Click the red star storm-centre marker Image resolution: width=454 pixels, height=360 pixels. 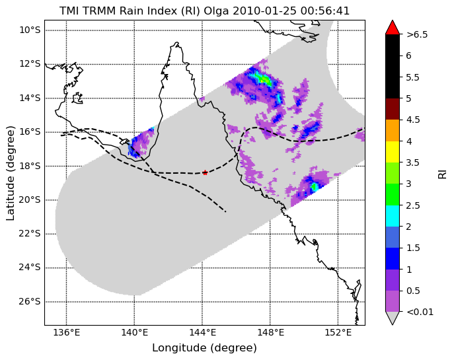205,173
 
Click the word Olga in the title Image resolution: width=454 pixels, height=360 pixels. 217,11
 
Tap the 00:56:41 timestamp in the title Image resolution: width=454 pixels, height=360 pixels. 325,11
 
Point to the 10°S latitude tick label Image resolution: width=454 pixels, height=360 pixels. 30,30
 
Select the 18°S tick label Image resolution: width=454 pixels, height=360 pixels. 30,166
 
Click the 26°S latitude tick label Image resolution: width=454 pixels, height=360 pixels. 30,302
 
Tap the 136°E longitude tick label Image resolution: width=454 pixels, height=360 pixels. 66,332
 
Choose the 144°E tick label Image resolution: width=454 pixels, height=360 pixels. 202,332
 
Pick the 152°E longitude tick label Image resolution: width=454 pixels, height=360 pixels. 338,332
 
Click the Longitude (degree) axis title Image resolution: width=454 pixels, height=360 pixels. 204,348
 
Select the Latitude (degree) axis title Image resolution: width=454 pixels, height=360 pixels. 10,173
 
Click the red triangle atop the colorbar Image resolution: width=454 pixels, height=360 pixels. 393,27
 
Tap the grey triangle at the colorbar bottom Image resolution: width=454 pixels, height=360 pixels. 393,318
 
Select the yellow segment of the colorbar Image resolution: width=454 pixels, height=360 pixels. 393,152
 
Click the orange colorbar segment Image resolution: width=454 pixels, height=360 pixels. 393,131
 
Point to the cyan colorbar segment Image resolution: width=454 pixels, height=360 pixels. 393,216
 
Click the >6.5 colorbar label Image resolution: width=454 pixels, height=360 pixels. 417,35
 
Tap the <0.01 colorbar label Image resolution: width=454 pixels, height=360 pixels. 420,312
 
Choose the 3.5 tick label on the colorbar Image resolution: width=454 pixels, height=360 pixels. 412,162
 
